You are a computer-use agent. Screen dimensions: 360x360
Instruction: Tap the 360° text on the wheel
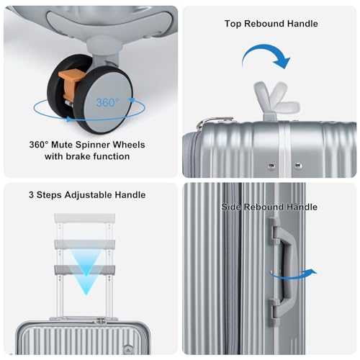pos(105,102)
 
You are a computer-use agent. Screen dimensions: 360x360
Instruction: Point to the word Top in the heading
pos(233,24)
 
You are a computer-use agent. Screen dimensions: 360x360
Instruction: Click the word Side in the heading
pos(232,207)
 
